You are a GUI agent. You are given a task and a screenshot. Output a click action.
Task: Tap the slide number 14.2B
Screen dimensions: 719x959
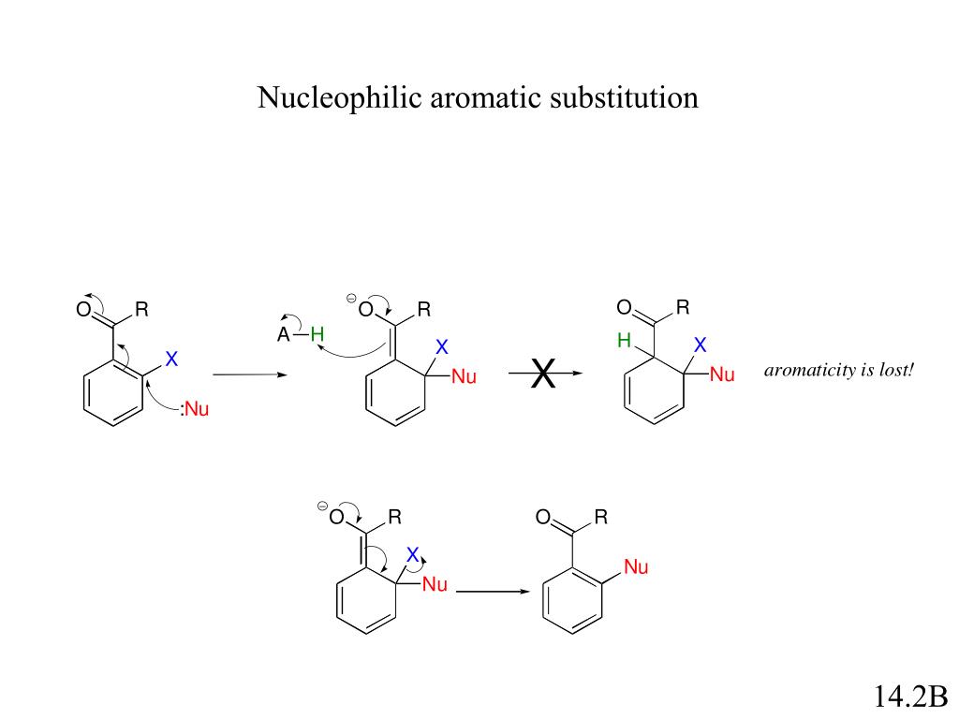pyautogui.click(x=910, y=697)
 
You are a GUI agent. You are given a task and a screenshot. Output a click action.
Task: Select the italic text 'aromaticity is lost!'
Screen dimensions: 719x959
pyautogui.click(x=838, y=371)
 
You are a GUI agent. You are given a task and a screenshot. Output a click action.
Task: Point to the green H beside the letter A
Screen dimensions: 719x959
pyautogui.click(x=317, y=334)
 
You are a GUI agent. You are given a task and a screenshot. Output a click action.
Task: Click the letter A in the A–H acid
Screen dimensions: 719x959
pyautogui.click(x=283, y=335)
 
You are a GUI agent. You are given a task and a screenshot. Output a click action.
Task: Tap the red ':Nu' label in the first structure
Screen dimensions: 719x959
pyautogui.click(x=194, y=408)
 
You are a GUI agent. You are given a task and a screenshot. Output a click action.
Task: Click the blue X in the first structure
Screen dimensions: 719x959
pyautogui.click(x=171, y=359)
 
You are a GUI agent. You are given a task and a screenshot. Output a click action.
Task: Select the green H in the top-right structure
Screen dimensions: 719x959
pyautogui.click(x=623, y=342)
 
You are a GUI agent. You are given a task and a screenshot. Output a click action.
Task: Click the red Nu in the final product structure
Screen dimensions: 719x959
pyautogui.click(x=636, y=567)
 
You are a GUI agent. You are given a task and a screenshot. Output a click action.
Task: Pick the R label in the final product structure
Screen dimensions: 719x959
pyautogui.click(x=601, y=517)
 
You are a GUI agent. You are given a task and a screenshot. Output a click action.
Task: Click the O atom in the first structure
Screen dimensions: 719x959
pyautogui.click(x=83, y=310)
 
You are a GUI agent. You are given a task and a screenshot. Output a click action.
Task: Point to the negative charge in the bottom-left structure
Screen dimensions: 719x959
pyautogui.click(x=322, y=506)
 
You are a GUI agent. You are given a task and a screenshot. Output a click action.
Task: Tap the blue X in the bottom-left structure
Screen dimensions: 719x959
pyautogui.click(x=412, y=555)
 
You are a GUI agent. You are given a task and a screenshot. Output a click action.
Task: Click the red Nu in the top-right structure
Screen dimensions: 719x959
pyautogui.click(x=722, y=375)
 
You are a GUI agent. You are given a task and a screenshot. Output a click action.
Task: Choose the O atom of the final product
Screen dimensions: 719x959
pyautogui.click(x=542, y=518)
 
